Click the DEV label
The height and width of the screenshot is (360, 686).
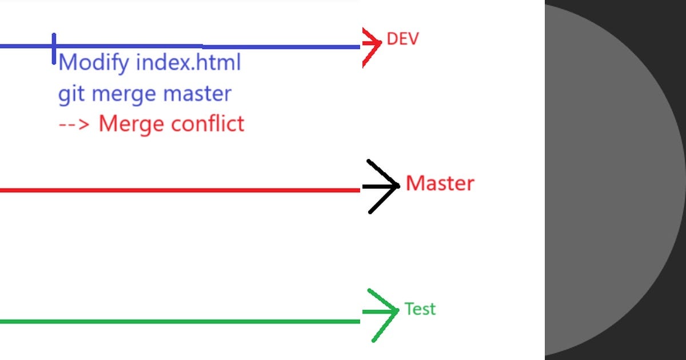402,39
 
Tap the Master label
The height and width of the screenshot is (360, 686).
440,183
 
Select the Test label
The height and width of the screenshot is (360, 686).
420,309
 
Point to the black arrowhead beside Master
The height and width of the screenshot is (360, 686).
382,186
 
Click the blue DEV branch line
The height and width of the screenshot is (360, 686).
229,46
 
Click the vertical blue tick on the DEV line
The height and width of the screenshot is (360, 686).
54,48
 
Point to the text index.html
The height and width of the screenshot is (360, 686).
188,62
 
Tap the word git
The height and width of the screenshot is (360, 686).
72,94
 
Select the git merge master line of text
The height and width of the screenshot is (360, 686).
145,94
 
